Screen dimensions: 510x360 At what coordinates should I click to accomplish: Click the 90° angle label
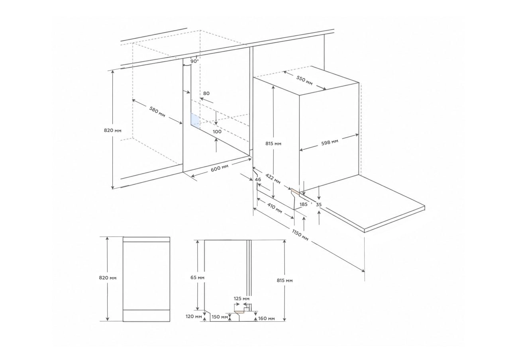(195, 61)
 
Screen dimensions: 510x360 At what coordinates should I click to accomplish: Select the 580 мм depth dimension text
(157, 112)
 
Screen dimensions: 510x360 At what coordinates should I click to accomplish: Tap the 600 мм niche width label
(220, 168)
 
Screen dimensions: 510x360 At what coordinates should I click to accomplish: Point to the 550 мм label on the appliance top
(304, 80)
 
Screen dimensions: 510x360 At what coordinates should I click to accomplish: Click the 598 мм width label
(330, 143)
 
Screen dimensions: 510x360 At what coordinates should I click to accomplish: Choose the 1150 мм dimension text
(300, 235)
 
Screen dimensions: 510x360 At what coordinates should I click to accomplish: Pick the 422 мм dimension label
(273, 179)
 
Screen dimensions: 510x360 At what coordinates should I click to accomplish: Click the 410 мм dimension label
(275, 208)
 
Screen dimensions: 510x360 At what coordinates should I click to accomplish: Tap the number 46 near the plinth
(258, 180)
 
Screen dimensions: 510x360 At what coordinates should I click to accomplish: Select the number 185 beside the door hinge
(304, 204)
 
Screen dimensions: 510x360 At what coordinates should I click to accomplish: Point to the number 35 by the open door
(319, 205)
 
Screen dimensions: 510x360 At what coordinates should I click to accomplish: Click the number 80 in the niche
(206, 93)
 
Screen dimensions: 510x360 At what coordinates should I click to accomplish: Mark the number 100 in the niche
(217, 131)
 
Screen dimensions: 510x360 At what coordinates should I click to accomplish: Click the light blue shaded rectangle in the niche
(195, 121)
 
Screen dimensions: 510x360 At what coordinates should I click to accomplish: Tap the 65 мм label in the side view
(197, 278)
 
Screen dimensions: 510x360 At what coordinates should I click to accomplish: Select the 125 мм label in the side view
(241, 299)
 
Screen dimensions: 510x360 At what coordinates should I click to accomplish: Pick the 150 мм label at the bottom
(220, 317)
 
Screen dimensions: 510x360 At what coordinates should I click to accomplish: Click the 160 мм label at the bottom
(267, 319)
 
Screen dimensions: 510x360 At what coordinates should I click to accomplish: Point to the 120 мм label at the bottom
(194, 316)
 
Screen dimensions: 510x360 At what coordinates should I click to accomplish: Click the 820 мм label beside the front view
(108, 278)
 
